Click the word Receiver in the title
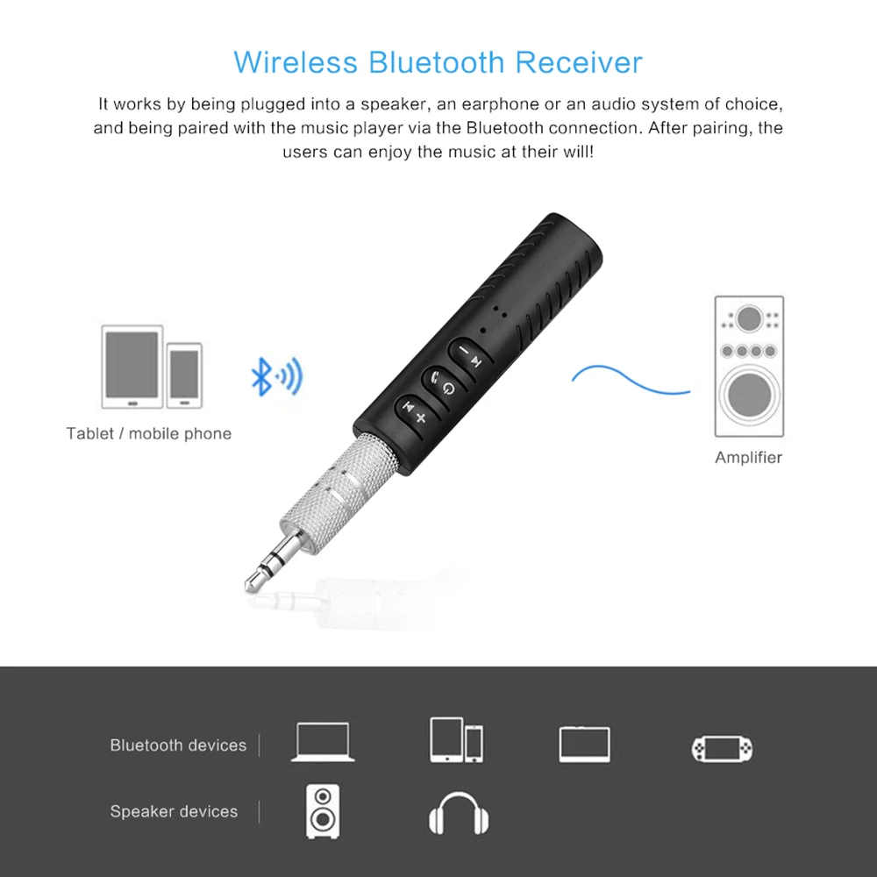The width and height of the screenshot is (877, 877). (578, 62)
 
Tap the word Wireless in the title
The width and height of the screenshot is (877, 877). (296, 62)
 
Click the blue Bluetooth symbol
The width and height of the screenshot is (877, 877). (260, 376)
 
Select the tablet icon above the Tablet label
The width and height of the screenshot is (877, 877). (132, 366)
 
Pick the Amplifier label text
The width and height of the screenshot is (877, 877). (748, 457)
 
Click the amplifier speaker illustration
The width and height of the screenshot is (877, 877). (748, 366)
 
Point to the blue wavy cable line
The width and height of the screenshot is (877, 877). (630, 379)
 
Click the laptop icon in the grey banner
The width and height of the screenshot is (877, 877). (323, 742)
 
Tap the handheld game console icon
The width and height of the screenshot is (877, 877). (721, 747)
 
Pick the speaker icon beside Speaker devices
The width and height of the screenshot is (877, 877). (323, 810)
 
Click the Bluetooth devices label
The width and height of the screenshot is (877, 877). (178, 745)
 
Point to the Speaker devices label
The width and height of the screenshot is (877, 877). (174, 811)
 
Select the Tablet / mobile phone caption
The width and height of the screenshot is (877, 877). (148, 433)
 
